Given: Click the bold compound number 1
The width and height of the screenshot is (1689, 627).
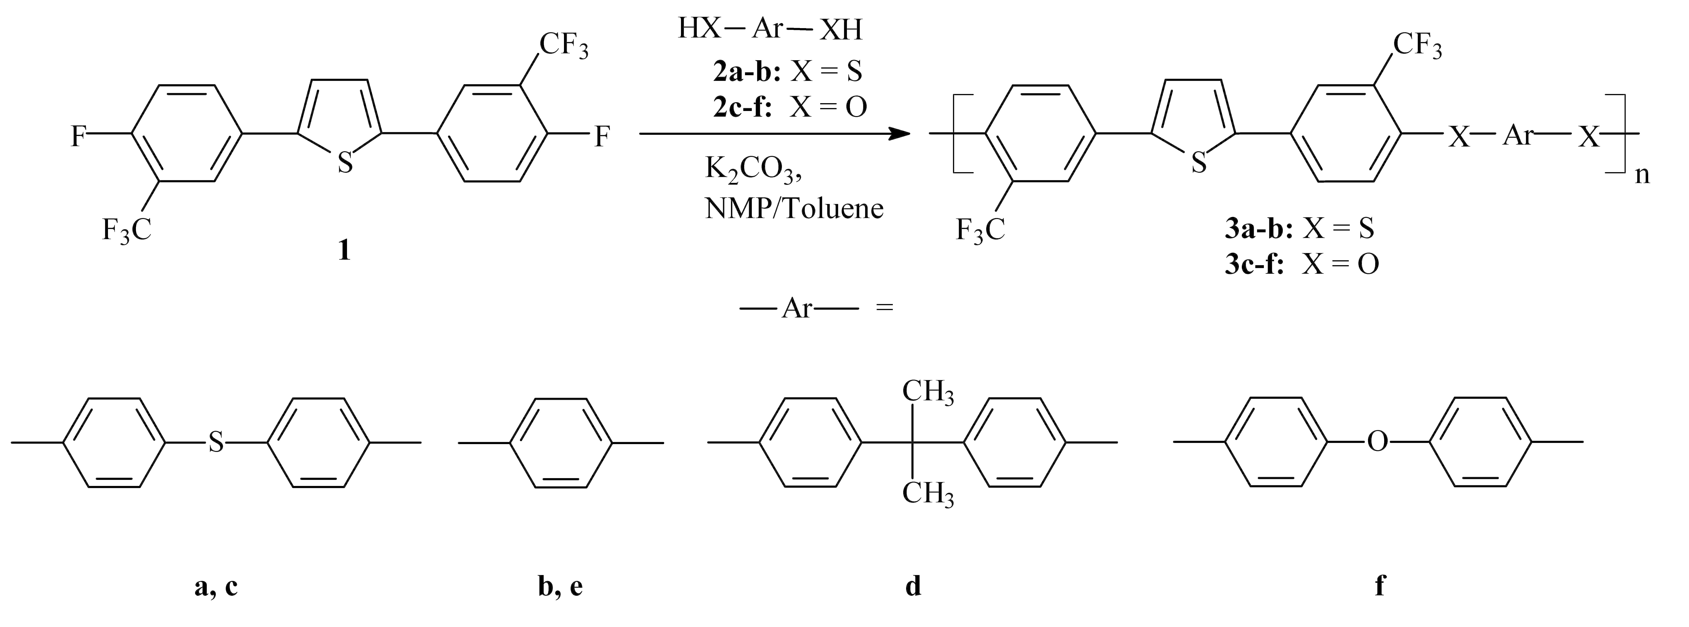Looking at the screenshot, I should (344, 250).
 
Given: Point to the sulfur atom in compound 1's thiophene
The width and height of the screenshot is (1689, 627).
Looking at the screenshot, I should (345, 162).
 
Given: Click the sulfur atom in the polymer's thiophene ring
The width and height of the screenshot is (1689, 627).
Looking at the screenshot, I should (1199, 162).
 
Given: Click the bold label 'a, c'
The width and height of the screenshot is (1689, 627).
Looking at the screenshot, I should (216, 586).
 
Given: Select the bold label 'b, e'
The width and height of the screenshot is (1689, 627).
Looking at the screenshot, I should (560, 586).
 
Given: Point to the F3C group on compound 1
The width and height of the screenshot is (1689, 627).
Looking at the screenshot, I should (127, 230).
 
